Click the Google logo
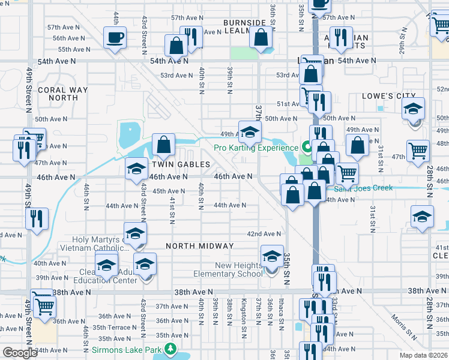pos(20,353)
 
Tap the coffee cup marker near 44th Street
pos(114,38)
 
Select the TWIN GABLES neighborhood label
pos(181,164)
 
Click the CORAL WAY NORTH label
pos(62,94)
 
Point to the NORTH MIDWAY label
pos(200,246)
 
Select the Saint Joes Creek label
pos(363,188)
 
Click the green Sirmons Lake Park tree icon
pos(170,349)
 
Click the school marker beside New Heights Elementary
pos(272,256)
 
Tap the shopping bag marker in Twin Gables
pos(163,145)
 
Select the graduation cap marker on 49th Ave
pos(250,131)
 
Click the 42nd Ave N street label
pos(264,234)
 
